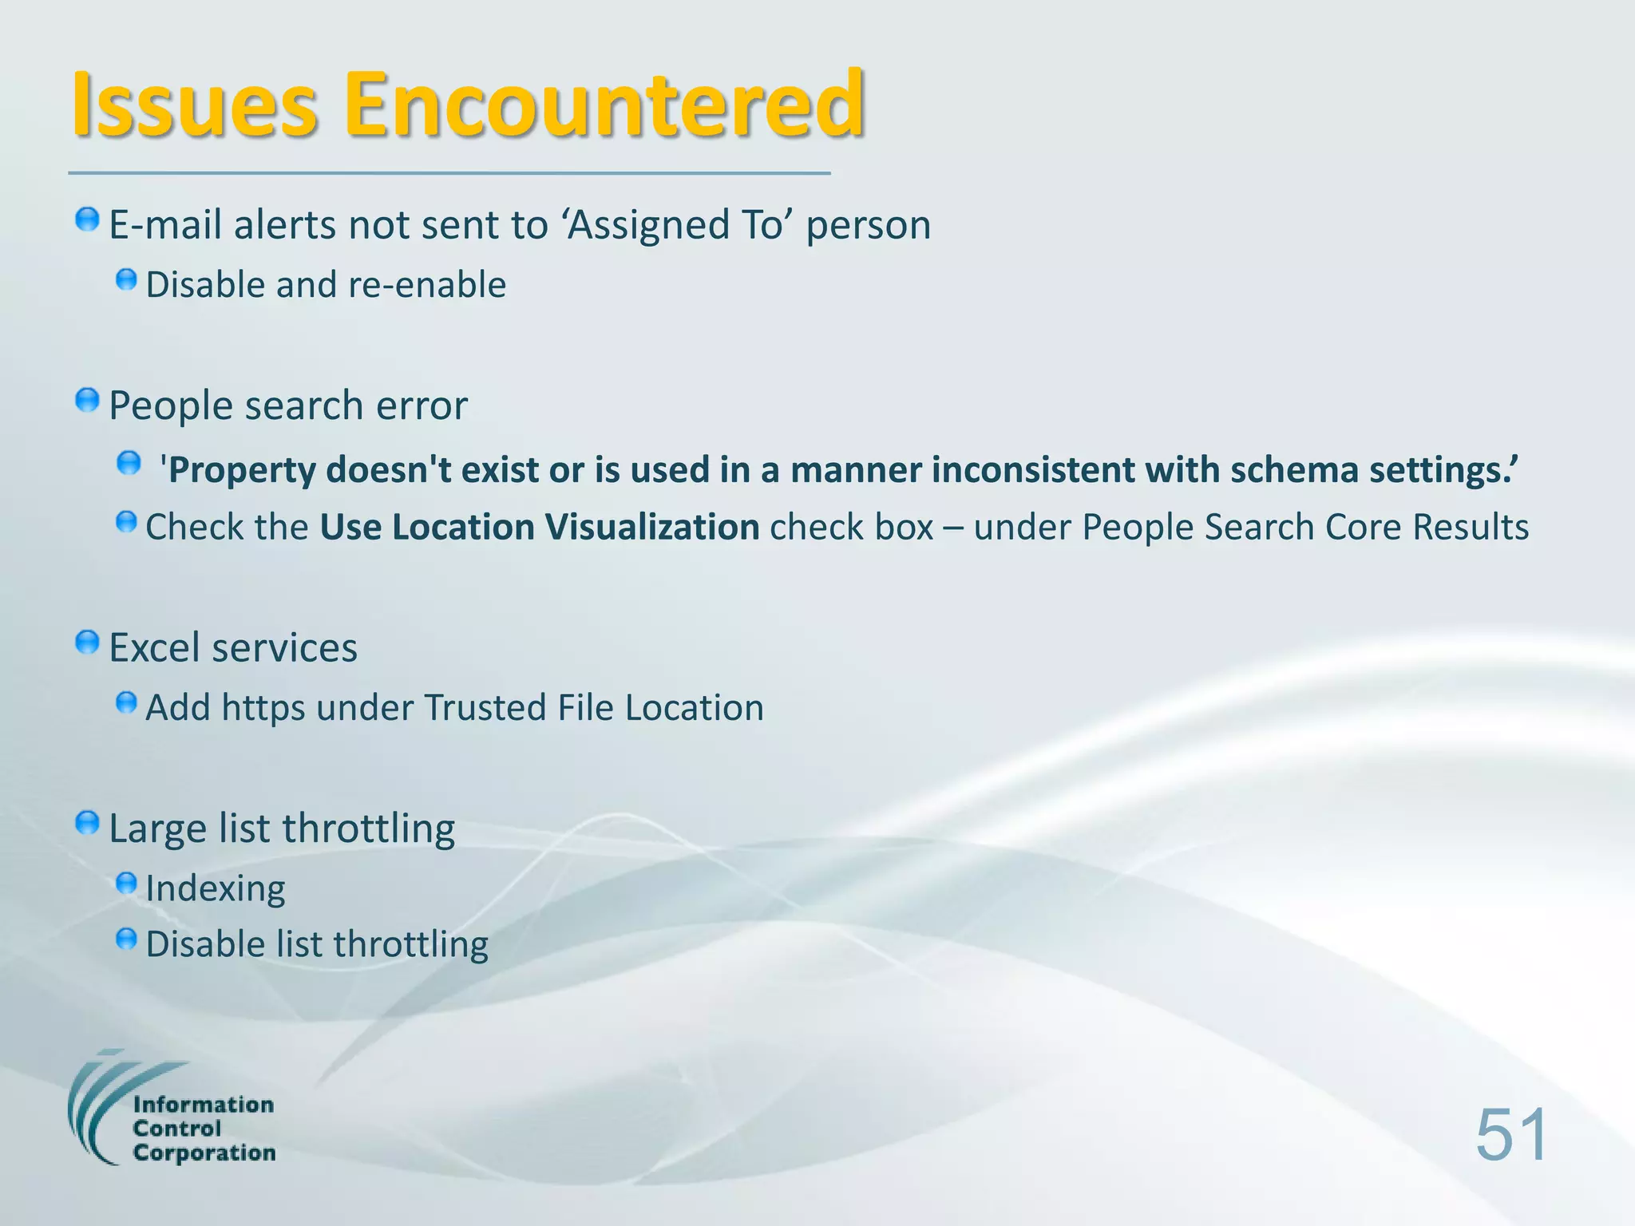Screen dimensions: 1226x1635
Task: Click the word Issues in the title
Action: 195,105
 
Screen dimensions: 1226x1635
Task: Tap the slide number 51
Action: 1511,1135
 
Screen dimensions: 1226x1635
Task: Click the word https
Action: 263,709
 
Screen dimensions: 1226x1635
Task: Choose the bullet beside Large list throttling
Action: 87,823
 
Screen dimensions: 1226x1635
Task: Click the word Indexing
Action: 215,889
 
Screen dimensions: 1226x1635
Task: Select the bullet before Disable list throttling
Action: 126,939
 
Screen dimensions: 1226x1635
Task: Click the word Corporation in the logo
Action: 204,1153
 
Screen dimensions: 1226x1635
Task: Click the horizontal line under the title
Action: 449,172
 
